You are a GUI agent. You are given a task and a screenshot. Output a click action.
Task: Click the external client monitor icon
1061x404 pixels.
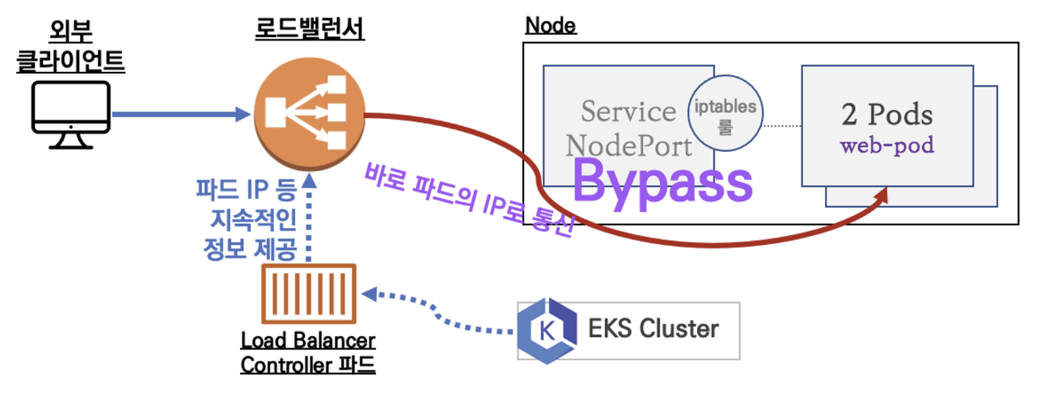tap(70, 116)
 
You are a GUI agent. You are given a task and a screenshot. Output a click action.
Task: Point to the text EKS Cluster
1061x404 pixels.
tap(654, 330)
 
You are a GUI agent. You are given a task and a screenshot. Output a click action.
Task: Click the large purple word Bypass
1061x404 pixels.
tap(662, 183)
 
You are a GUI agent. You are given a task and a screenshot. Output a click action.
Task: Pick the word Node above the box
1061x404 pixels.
tap(550, 25)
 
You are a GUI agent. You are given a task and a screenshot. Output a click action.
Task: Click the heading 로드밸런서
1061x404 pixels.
tap(310, 31)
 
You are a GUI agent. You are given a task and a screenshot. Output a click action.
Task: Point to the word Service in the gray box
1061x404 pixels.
tap(628, 112)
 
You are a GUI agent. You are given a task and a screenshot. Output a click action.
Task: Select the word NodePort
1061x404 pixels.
tap(629, 146)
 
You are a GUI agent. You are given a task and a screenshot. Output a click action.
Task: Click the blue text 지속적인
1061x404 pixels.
tap(252, 219)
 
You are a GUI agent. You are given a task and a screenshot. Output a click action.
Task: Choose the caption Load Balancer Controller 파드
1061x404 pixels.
tap(308, 352)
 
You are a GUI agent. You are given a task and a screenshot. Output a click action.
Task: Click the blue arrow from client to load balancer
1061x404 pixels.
tap(178, 115)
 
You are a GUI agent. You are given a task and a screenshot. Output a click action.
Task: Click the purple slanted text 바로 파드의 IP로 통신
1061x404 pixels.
tap(469, 199)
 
